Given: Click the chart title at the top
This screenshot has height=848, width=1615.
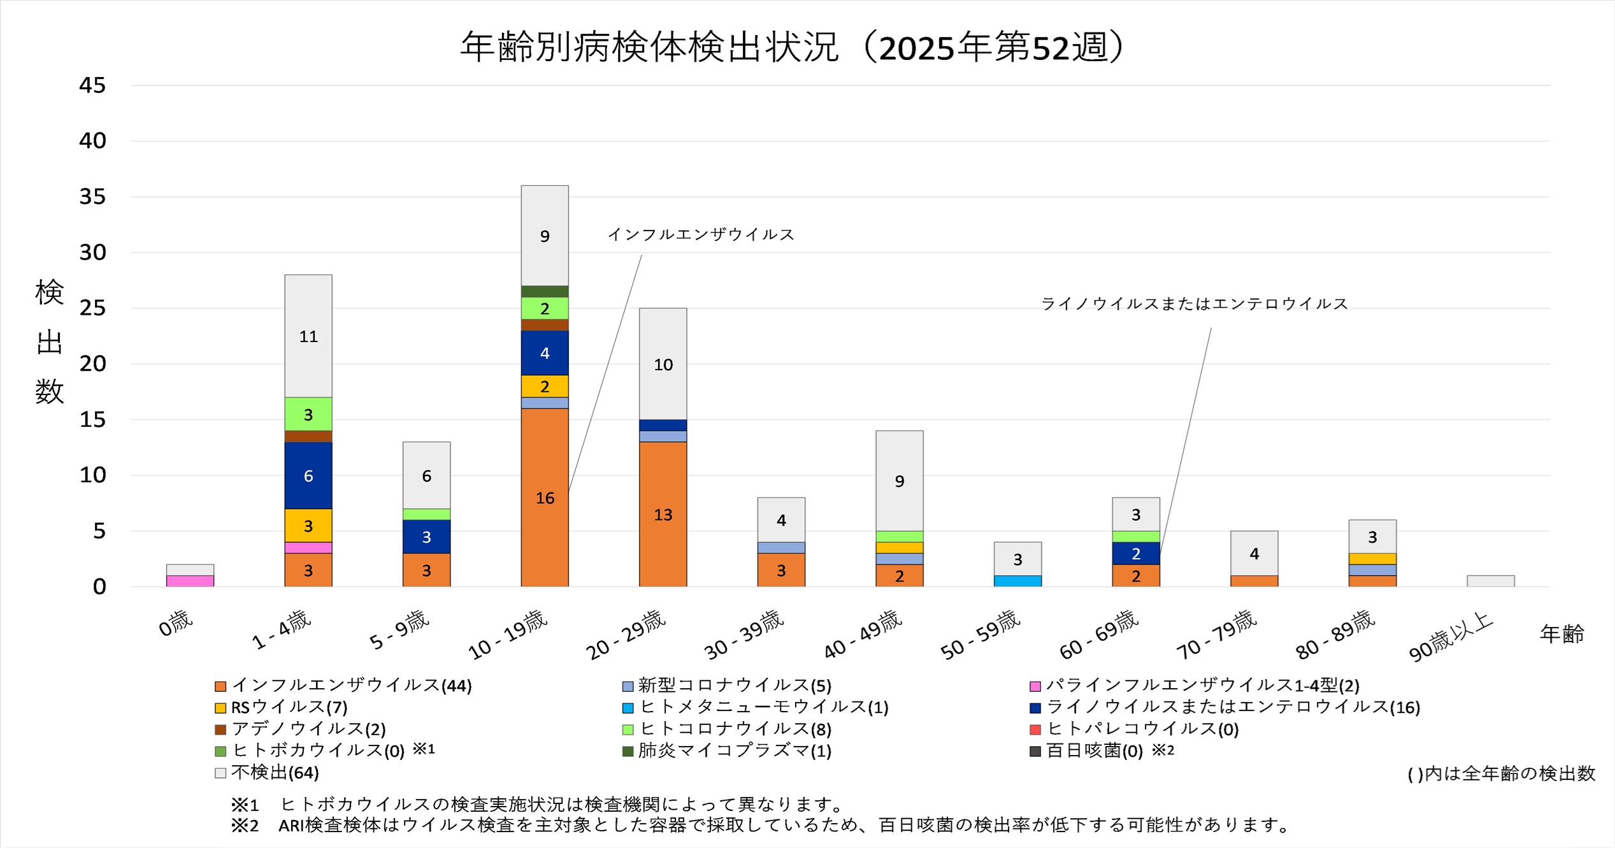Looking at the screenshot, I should pos(793,47).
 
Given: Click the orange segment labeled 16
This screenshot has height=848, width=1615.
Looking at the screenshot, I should pos(545,497).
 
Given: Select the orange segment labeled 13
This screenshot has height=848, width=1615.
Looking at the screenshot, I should pos(663,514).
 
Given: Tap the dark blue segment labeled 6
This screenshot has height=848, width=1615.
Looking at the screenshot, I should pos(308,475).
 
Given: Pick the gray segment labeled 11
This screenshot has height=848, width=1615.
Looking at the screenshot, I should pos(308,336).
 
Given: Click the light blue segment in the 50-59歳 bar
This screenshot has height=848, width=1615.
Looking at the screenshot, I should pos(1017,581).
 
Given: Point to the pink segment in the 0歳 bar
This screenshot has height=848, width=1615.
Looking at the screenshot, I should pos(190,581).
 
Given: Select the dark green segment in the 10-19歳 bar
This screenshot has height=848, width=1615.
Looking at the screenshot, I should pos(545,292).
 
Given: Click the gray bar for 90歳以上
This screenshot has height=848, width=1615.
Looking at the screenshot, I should pos(1490,581).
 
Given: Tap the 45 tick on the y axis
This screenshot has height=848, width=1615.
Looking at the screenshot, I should pos(93,85).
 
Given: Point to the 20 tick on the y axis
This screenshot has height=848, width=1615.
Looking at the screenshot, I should pos(93,364).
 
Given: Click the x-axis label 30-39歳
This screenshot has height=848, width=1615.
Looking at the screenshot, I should pos(743,635).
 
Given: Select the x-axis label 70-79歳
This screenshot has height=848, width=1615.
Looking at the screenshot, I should pos(1216,635).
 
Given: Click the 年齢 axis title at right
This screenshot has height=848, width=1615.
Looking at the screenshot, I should pos(1561,634).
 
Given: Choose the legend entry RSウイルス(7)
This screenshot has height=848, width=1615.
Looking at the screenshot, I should pos(289,707).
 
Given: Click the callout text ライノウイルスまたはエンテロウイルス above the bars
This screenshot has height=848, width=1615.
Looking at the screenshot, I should pos(1195,304).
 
